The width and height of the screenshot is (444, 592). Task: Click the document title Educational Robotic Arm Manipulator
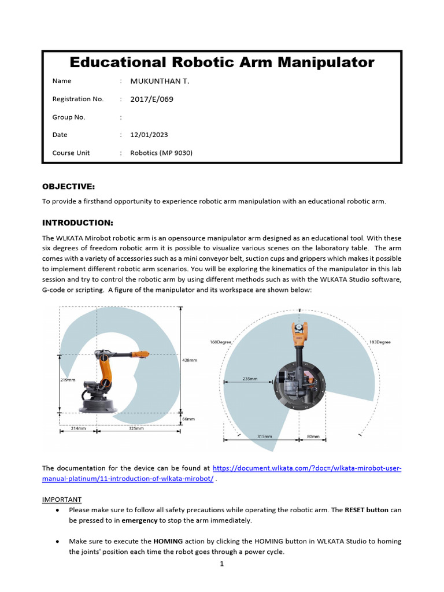tap(222, 62)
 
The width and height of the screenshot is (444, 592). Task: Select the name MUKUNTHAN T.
tap(160, 81)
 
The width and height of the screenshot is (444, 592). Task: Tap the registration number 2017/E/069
tap(151, 99)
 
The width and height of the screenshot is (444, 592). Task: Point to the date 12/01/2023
tap(149, 135)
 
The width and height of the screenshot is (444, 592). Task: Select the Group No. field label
tap(69, 117)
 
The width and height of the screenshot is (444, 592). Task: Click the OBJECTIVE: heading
tap(68, 186)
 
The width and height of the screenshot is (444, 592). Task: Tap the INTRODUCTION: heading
tap(77, 223)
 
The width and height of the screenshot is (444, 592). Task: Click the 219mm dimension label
tap(68, 380)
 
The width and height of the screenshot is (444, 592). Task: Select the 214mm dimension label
tap(78, 428)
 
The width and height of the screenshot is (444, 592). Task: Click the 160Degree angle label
tap(220, 342)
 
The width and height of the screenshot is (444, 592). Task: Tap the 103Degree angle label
tap(379, 342)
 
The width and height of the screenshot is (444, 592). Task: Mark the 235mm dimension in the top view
tap(250, 380)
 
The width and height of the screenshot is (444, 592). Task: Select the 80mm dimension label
tap(313, 436)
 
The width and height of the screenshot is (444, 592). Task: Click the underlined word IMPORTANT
tap(62, 499)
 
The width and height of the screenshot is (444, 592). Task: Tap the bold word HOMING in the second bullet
tap(168, 541)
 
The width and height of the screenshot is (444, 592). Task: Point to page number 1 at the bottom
tap(221, 564)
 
